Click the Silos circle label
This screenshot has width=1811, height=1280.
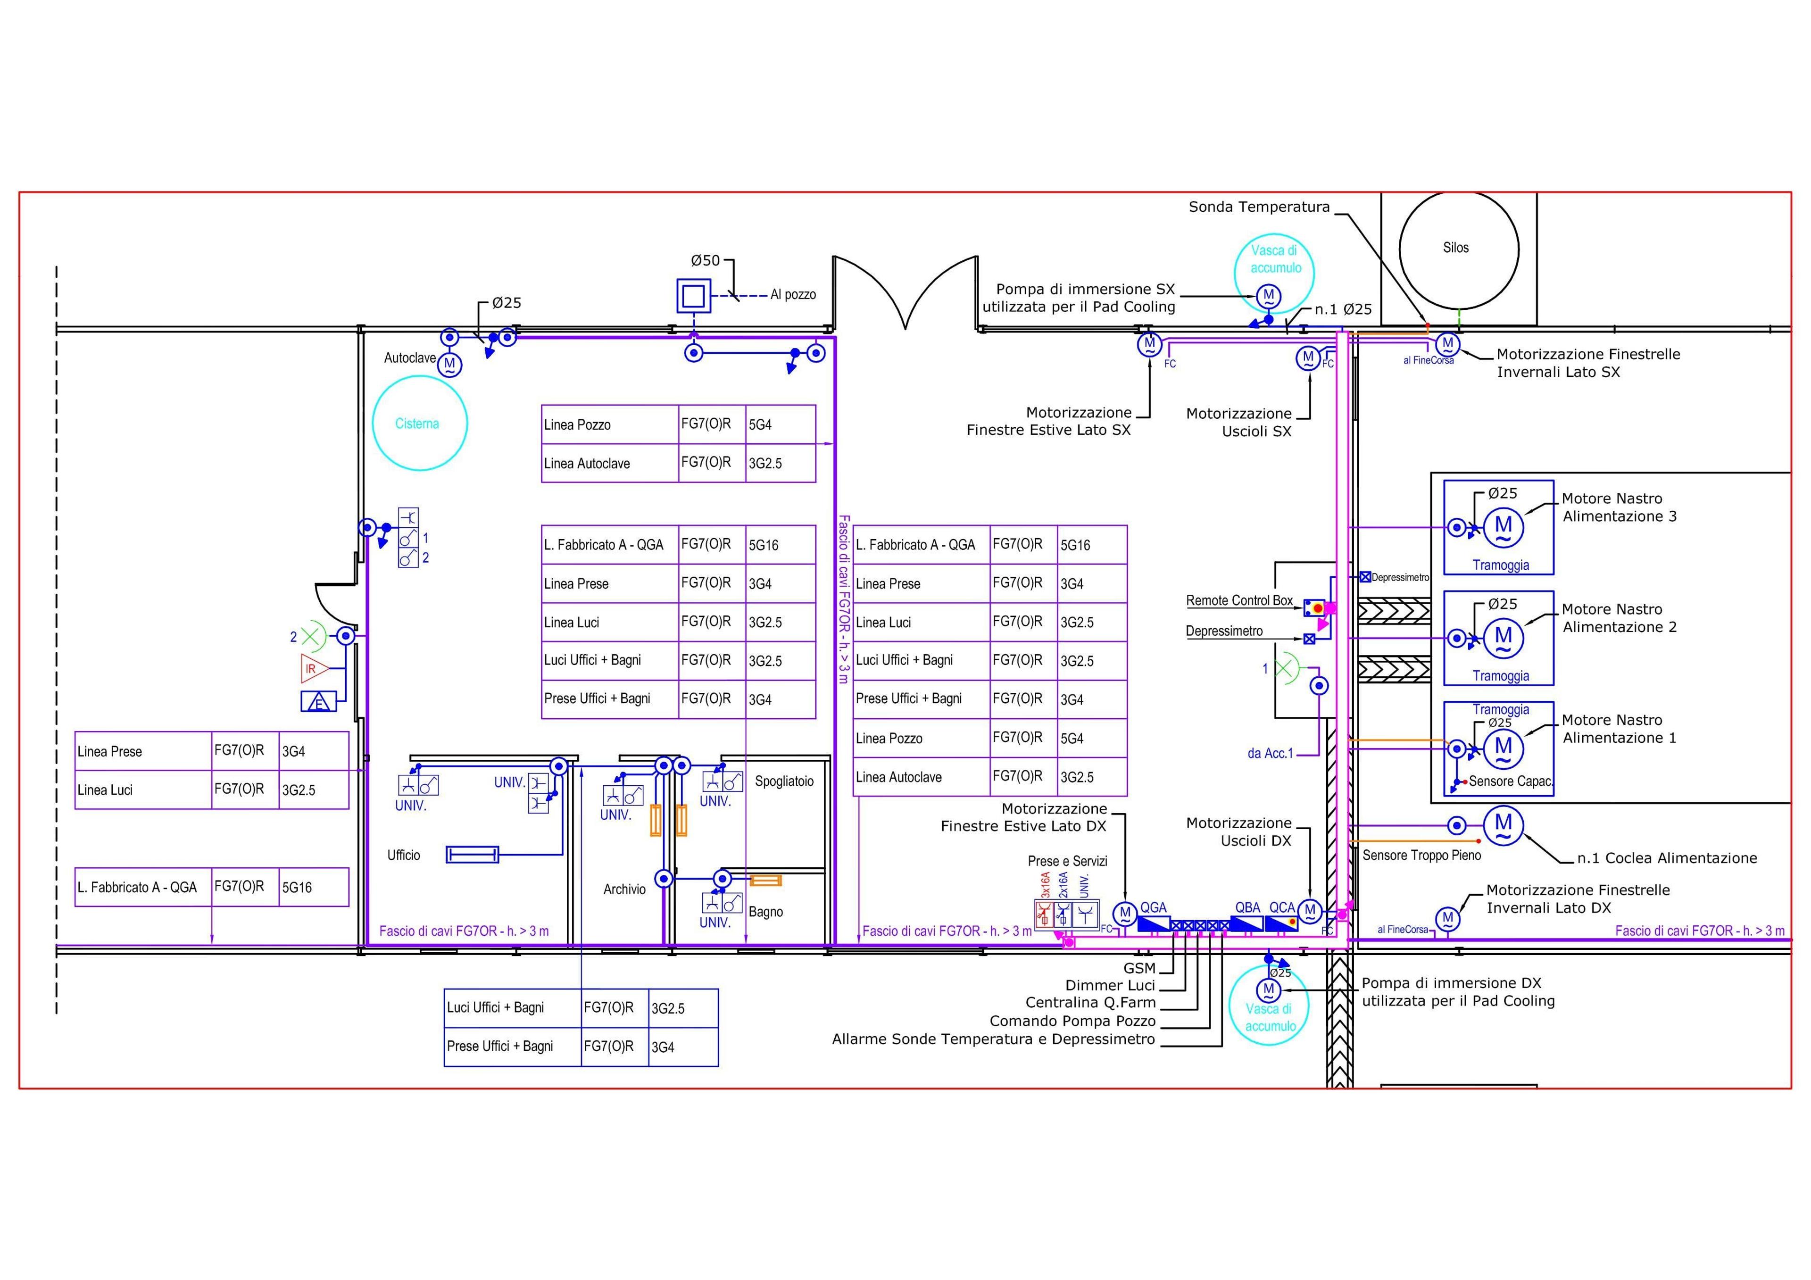pos(1455,248)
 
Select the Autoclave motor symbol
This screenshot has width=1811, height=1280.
pos(449,365)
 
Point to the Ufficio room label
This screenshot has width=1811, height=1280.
pos(404,855)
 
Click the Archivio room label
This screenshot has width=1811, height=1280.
pos(625,889)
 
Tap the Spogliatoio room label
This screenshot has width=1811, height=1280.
pos(784,781)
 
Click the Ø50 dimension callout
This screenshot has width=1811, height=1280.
pos(705,260)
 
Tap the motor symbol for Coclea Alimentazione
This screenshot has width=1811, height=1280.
pos(1504,825)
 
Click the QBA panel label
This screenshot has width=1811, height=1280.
pos(1248,908)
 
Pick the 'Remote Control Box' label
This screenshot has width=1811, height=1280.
pos(1239,600)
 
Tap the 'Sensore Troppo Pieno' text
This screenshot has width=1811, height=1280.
pos(1421,855)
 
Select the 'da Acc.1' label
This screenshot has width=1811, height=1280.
pos(1270,753)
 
